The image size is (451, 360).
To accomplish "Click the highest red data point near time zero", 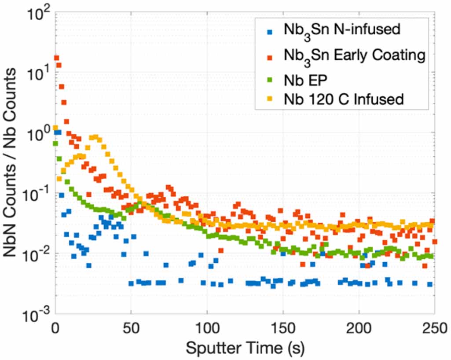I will pos(56,58).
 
